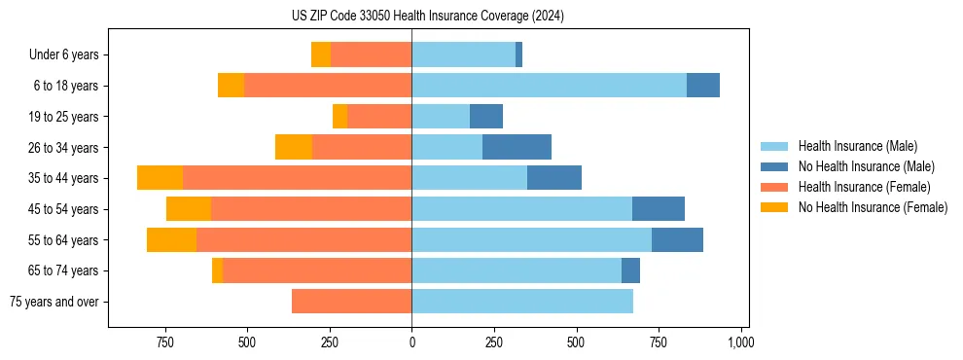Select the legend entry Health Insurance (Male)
click(857, 146)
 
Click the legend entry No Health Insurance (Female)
click(873, 207)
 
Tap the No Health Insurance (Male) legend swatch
click(774, 166)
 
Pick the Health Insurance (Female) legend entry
click(864, 187)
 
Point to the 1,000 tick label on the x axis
click(741, 342)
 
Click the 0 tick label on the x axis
click(411, 342)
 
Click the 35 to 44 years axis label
click(65, 178)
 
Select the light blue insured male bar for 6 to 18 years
click(549, 86)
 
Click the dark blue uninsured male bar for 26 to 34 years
click(517, 147)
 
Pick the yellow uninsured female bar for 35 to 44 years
click(160, 178)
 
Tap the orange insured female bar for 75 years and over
click(351, 302)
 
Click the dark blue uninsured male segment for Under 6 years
click(518, 55)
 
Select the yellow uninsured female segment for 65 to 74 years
click(217, 270)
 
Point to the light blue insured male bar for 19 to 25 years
click(441, 117)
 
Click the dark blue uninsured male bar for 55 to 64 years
click(677, 240)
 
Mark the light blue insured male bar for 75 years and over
click(522, 302)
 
